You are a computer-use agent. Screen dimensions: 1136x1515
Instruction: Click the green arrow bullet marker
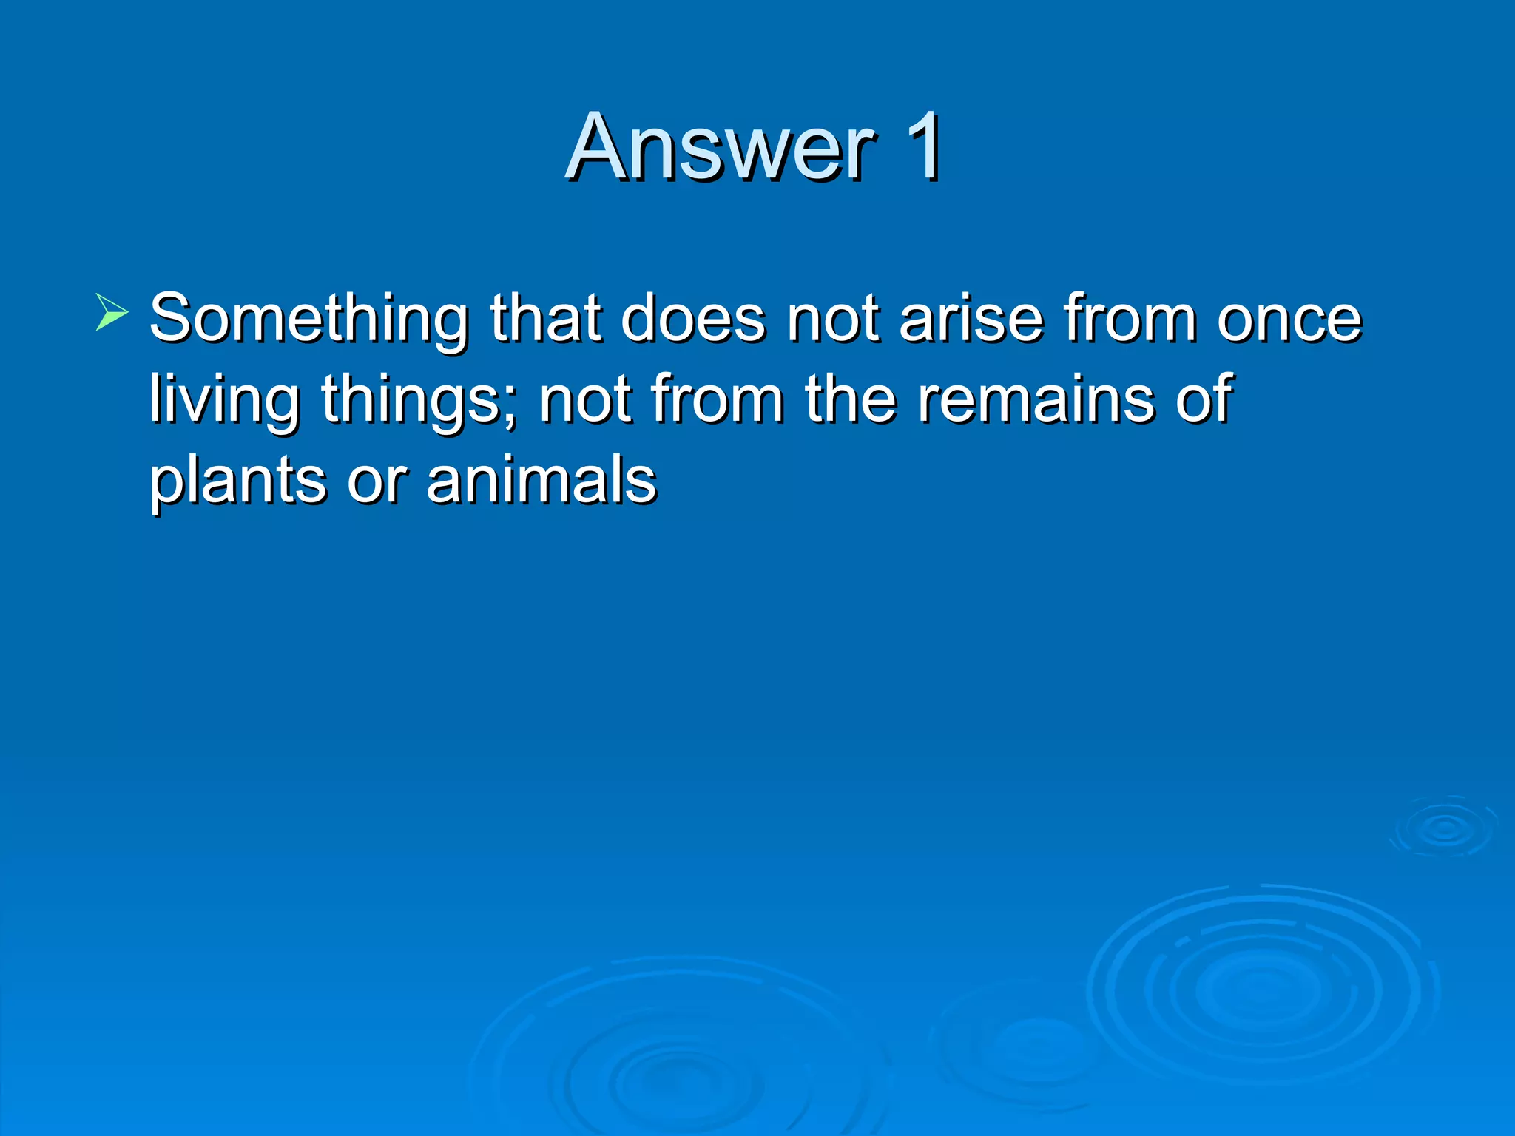tap(112, 311)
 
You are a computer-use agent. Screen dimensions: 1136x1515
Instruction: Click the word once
tap(1289, 319)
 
